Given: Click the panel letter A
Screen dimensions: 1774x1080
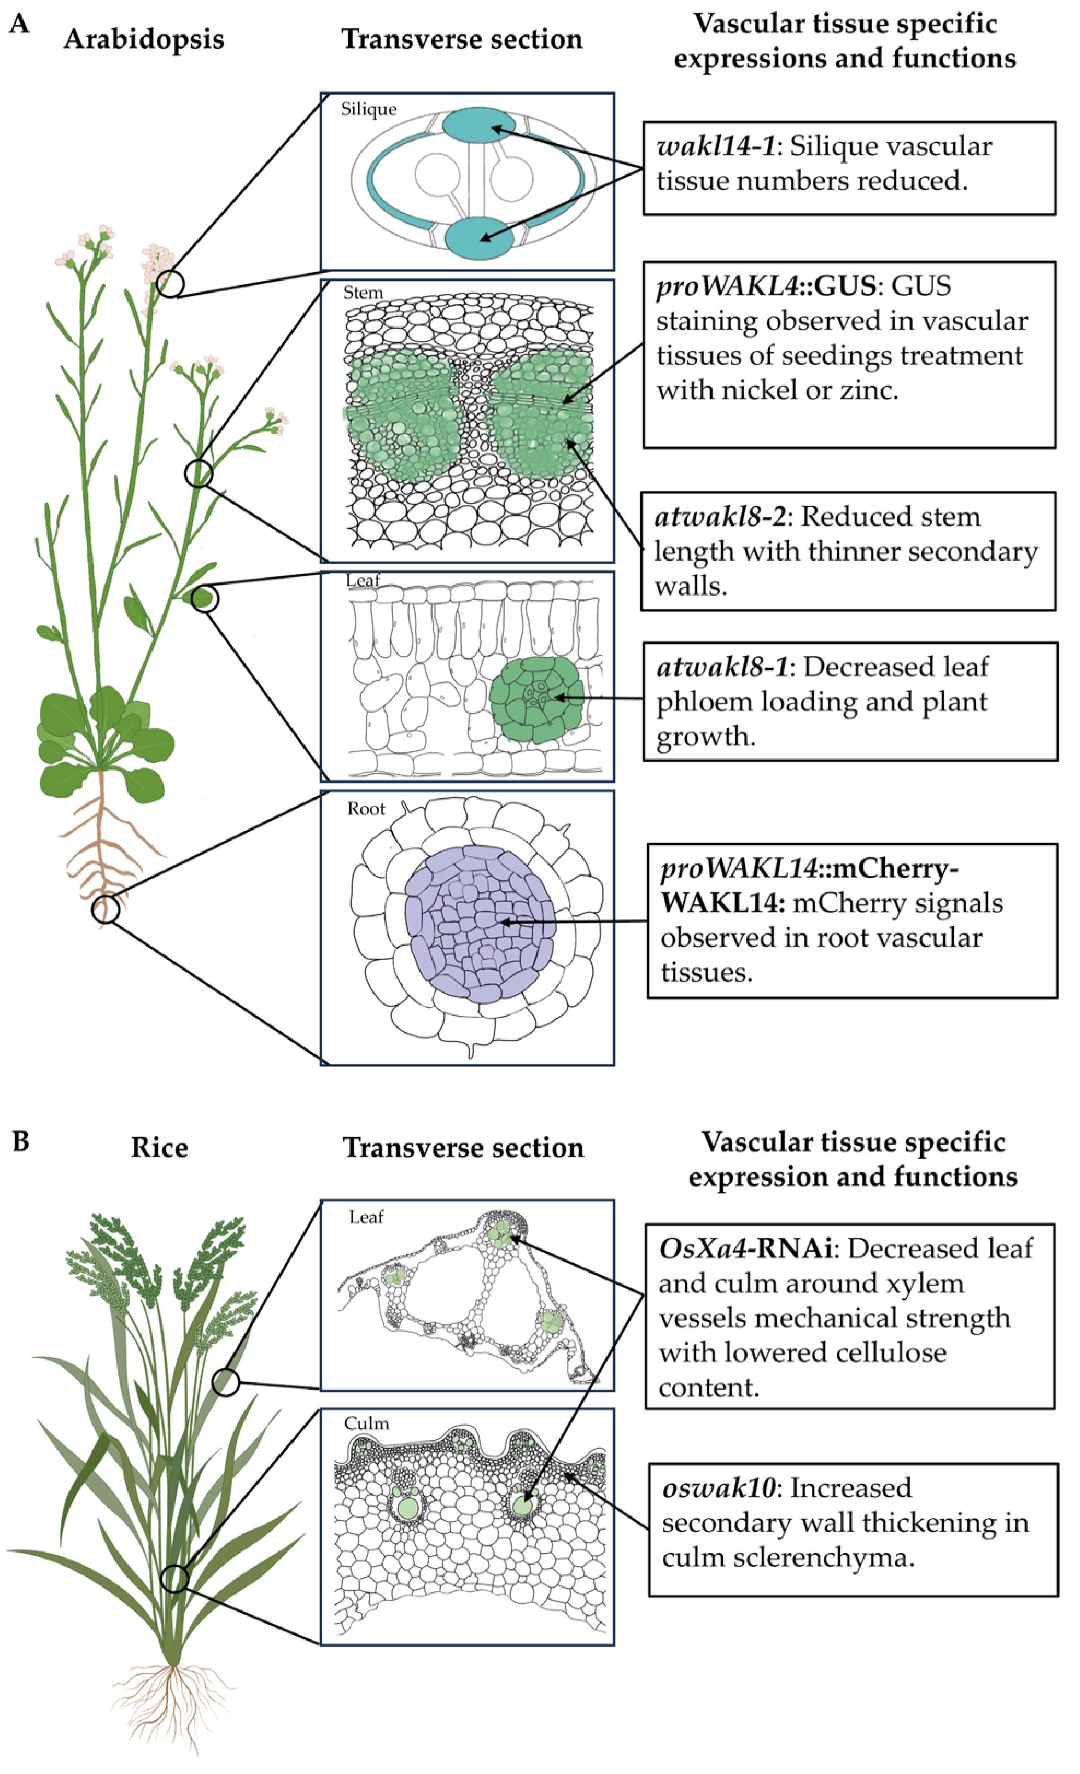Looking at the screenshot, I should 20,25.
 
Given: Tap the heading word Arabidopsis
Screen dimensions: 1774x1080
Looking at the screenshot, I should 144,39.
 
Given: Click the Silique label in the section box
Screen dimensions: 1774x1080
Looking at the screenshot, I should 369,109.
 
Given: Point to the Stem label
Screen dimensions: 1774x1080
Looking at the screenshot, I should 363,293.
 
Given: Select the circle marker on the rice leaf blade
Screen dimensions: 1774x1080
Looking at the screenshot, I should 226,1382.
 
